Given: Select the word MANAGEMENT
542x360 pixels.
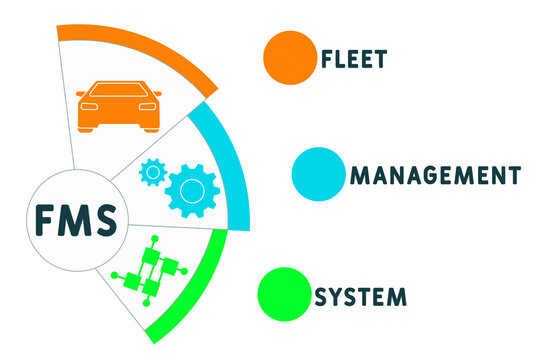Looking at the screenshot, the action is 434,176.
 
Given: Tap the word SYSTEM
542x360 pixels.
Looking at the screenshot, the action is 361,296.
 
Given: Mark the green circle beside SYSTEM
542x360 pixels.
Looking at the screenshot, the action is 284,293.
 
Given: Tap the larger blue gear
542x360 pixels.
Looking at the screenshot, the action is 193,189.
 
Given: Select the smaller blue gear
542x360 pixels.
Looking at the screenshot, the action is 153,172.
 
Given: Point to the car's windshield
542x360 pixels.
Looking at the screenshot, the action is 119,89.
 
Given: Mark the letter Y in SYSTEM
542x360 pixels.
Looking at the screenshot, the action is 338,296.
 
